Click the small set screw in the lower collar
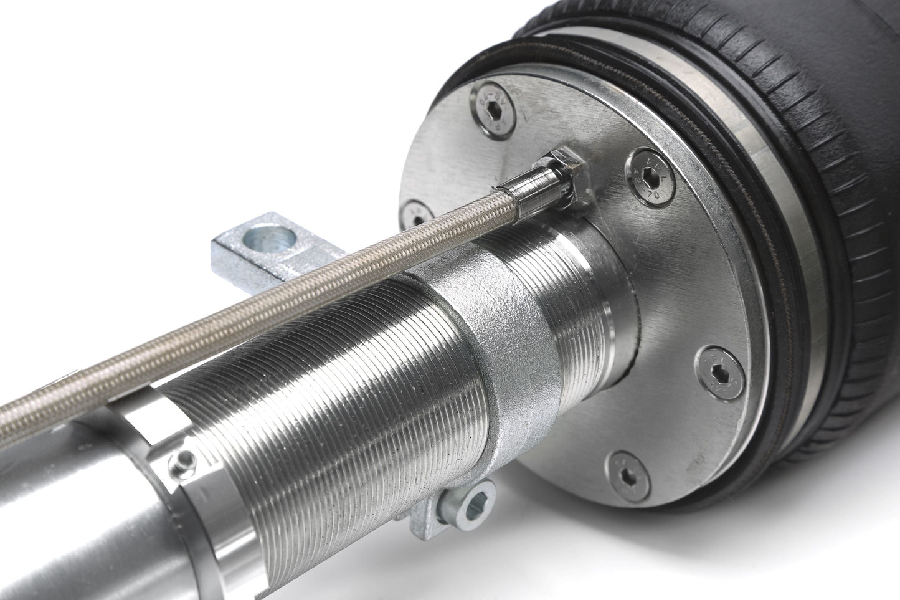(181, 462)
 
